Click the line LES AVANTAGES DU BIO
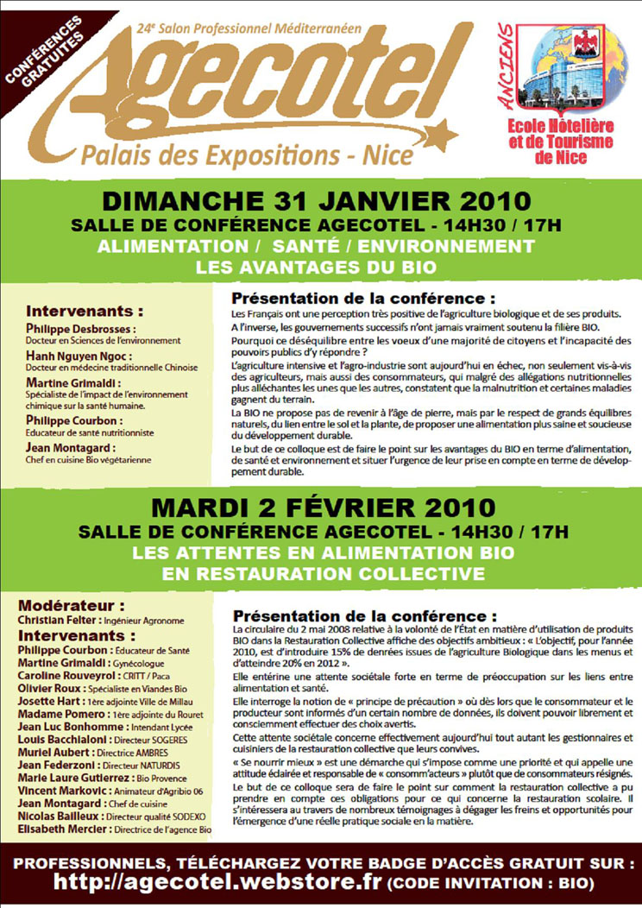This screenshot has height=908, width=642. [316, 268]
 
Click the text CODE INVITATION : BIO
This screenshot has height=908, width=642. [489, 883]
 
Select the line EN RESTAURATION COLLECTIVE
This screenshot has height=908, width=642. [316, 572]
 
